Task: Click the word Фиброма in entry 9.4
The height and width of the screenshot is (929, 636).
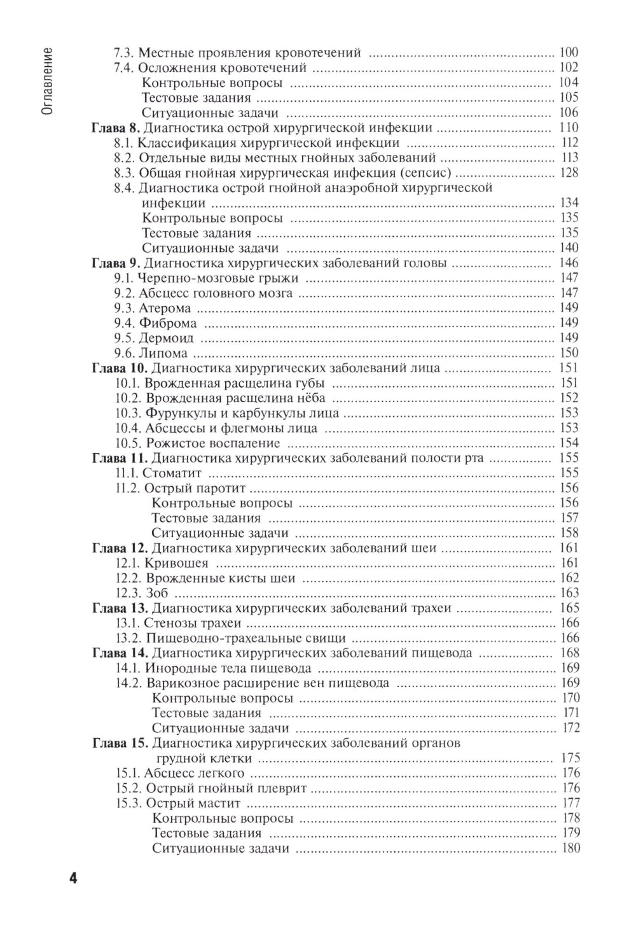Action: coord(168,323)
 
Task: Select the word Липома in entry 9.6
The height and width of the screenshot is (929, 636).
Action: coord(163,353)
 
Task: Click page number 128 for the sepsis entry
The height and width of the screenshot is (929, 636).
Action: coord(569,173)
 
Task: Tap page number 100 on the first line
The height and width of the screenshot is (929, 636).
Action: coord(569,53)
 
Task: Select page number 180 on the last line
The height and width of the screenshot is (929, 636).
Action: coord(570,848)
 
